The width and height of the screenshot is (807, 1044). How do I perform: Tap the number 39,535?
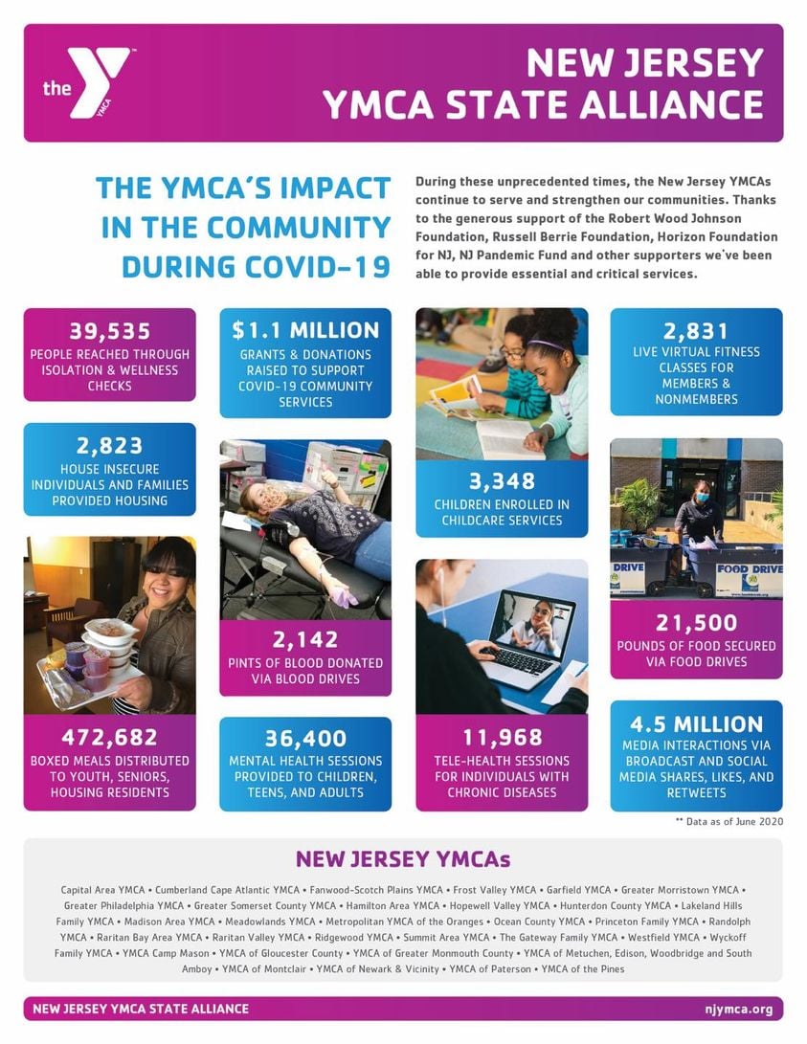tap(109, 331)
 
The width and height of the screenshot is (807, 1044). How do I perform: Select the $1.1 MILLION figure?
tap(305, 330)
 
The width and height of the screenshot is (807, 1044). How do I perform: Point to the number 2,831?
tap(696, 331)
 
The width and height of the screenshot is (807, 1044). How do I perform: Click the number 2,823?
tap(109, 445)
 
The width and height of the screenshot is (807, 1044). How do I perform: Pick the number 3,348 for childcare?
tap(502, 480)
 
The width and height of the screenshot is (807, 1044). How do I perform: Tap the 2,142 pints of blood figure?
tap(305, 639)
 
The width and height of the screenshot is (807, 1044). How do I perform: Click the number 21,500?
tap(696, 623)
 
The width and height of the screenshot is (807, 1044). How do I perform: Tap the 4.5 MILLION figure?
tap(696, 723)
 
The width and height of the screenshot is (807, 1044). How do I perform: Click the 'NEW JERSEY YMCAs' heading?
tap(403, 858)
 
